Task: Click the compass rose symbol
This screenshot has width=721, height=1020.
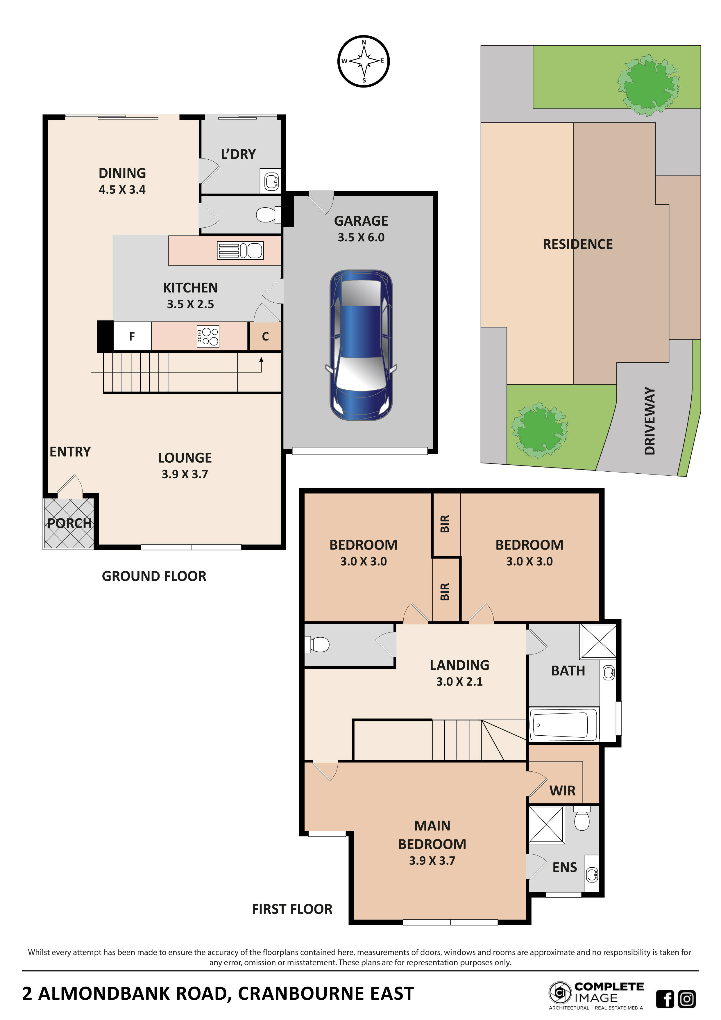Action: (364, 61)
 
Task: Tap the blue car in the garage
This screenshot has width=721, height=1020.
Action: (361, 345)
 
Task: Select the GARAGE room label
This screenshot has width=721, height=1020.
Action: (361, 221)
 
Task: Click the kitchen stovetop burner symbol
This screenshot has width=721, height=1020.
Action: (208, 337)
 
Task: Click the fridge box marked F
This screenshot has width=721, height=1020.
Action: (132, 337)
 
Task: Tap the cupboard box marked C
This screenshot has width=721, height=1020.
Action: (265, 337)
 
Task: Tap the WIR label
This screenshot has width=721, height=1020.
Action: (562, 791)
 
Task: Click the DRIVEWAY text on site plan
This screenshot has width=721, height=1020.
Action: (650, 421)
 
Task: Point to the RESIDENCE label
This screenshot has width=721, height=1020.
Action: (578, 244)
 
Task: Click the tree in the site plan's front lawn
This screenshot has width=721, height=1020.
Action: (539, 429)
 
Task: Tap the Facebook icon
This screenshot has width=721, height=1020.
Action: (665, 999)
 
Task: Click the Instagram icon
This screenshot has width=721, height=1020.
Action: (687, 999)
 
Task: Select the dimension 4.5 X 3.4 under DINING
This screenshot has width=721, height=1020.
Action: (122, 190)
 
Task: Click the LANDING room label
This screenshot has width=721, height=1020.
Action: (459, 665)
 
